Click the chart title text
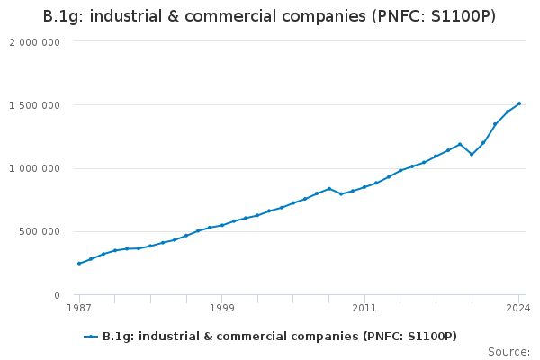point(269,17)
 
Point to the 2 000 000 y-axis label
point(34,42)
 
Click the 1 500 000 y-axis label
point(34,105)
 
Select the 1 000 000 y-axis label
point(34,168)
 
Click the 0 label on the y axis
point(56,295)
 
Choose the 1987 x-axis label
point(79,309)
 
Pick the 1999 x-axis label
point(221,309)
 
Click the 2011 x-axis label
point(364,309)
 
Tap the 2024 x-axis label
point(518,309)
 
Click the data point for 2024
point(519,103)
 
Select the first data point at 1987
point(79,264)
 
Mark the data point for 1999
point(221,225)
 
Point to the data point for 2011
point(364,187)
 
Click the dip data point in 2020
point(472,155)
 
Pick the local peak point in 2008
point(329,189)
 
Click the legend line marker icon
point(91,337)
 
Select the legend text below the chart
point(279,337)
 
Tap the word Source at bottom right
point(508,352)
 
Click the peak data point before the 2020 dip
point(460,144)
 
